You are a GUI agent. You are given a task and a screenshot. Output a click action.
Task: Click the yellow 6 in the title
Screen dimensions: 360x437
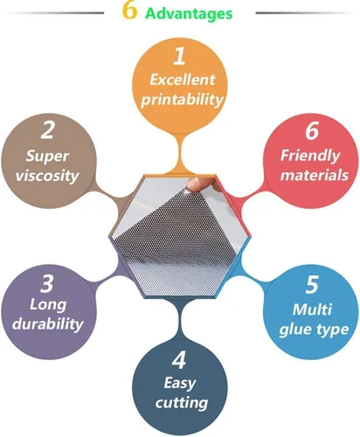(129, 10)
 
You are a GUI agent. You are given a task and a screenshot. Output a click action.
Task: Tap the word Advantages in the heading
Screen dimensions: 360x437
(189, 13)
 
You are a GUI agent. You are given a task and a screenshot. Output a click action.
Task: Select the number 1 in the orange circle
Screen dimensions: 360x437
(179, 56)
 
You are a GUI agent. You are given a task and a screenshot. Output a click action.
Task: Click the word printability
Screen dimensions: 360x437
(182, 100)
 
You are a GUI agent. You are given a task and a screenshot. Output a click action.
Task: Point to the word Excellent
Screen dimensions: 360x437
(183, 80)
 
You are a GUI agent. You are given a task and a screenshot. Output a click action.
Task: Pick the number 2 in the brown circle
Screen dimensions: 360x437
(47, 130)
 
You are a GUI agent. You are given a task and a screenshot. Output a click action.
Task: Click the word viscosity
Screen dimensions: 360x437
(47, 176)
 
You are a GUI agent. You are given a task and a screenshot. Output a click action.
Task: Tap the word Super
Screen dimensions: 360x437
(47, 156)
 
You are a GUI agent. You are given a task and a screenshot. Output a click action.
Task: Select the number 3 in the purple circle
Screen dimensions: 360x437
(47, 284)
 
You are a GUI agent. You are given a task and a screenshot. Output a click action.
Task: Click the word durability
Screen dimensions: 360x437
(48, 323)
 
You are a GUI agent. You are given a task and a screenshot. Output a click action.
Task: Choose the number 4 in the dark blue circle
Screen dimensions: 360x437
(179, 360)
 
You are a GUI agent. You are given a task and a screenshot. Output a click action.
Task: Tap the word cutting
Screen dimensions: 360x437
(182, 403)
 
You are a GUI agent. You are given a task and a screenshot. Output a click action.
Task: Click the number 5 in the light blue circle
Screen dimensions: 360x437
(312, 285)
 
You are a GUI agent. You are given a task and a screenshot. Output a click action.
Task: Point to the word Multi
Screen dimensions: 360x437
(312, 309)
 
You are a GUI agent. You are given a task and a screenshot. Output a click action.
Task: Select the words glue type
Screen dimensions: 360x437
(314, 330)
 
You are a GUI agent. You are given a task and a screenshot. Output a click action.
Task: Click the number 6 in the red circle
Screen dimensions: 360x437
(312, 131)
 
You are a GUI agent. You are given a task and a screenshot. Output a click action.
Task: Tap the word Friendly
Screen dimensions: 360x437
(310, 156)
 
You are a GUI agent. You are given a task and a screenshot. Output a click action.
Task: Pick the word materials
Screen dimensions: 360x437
(315, 176)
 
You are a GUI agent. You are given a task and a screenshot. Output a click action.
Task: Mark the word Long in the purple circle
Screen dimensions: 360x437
(48, 306)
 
